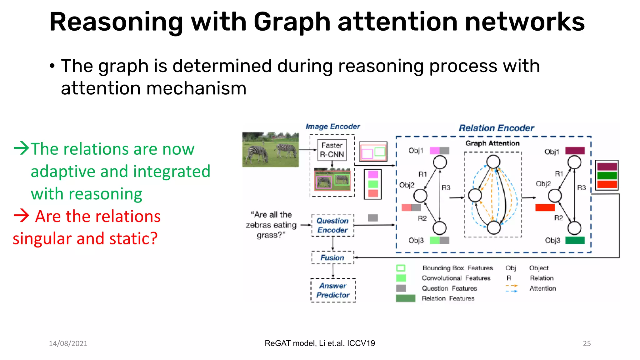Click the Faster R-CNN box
pos(332,150)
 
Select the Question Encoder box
pos(332,225)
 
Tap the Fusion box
pos(332,258)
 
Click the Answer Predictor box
pos(333,290)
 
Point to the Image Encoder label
pos(332,127)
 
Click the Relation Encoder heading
pos(496,128)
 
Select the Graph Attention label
pos(492,143)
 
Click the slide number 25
pos(587,343)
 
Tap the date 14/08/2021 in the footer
pos(68,343)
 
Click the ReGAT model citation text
pos(320,343)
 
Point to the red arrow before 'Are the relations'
pos(21,216)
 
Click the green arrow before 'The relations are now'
pos(22,148)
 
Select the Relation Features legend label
pos(448,298)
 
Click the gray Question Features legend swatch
pos(401,288)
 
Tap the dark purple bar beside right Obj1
pos(575,151)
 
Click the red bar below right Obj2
pos(545,207)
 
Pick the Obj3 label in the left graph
pos(416,240)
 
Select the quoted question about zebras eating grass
pos(271,225)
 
